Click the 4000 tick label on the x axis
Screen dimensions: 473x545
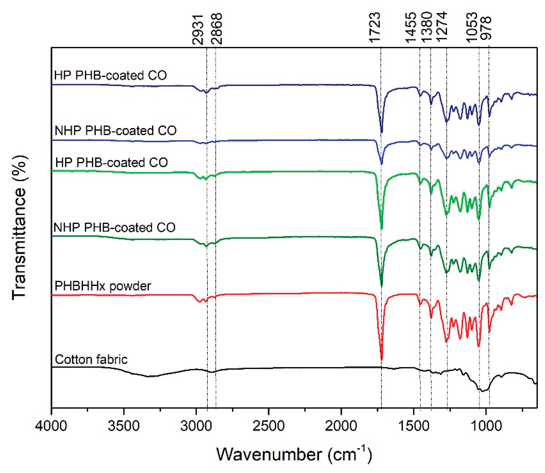point(52,426)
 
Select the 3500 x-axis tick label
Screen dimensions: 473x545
point(124,426)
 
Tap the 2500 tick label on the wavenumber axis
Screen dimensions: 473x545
point(268,426)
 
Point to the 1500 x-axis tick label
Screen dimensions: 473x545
point(413,426)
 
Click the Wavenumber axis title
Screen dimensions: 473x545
point(294,454)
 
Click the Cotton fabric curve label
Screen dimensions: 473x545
point(91,359)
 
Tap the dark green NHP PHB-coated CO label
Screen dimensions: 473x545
point(114,227)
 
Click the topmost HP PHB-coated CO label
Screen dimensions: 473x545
point(110,75)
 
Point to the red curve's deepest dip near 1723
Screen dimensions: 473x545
point(381,359)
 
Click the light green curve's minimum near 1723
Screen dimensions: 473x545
point(381,228)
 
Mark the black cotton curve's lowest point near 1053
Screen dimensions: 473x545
point(482,391)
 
